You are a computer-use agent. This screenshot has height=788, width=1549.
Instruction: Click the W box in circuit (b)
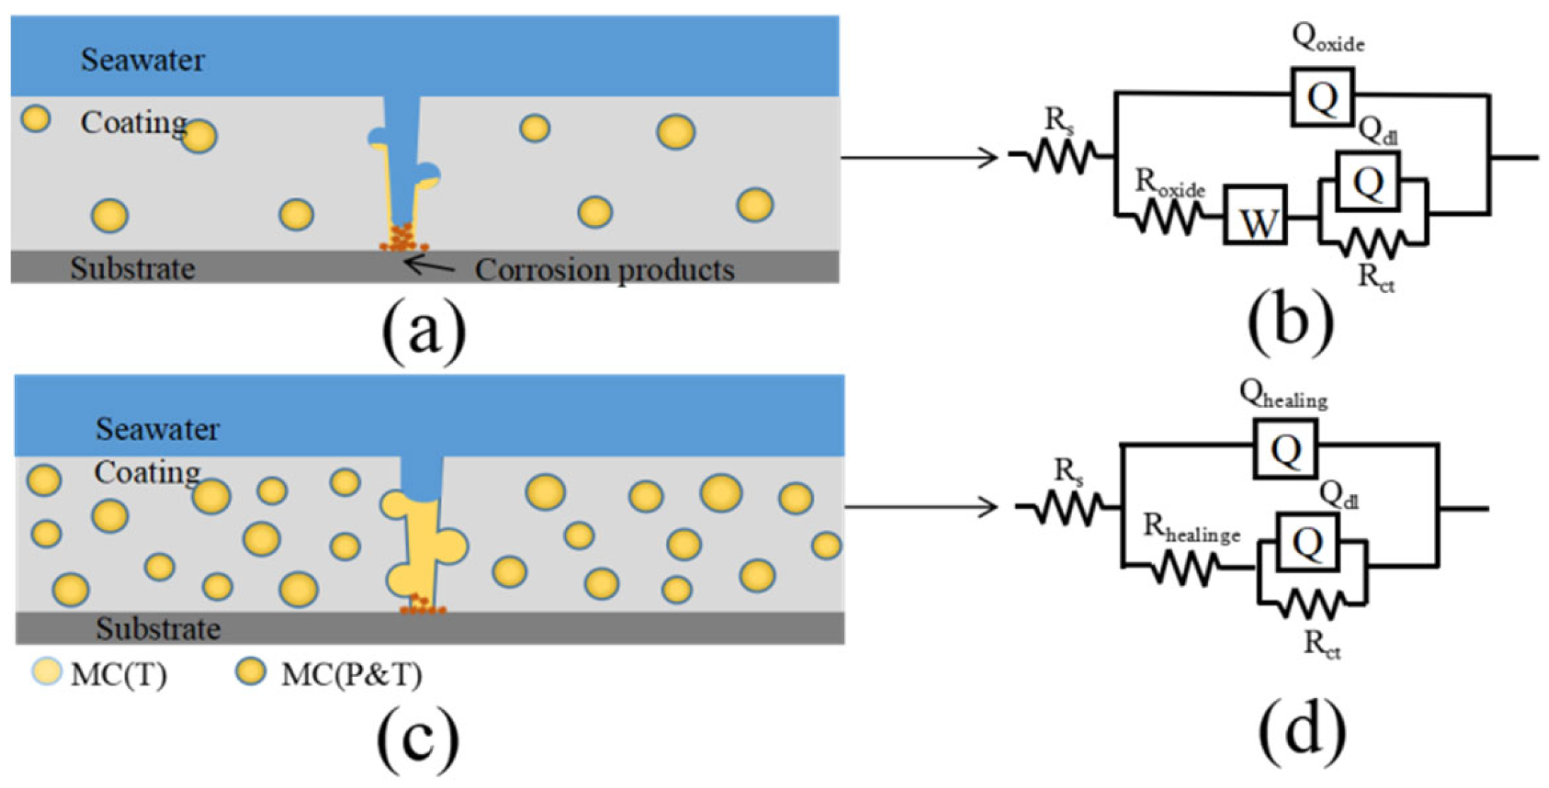tap(1255, 215)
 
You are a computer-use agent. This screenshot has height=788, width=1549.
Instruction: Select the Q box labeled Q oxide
tap(1322, 97)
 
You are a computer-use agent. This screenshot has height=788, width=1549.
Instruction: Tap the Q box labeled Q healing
tap(1285, 448)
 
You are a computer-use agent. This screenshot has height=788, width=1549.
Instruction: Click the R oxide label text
tap(1170, 183)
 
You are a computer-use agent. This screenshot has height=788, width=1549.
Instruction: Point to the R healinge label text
tap(1192, 528)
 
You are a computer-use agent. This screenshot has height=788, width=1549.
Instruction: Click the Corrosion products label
tap(604, 270)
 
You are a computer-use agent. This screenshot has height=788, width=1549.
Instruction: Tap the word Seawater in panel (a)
tap(143, 59)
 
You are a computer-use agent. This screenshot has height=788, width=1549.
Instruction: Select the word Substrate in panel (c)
tap(159, 629)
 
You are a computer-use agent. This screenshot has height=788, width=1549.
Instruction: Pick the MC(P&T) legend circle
tap(251, 671)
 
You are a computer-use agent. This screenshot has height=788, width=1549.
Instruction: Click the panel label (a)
tap(424, 329)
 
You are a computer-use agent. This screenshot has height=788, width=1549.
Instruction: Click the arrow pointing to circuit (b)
tap(919, 157)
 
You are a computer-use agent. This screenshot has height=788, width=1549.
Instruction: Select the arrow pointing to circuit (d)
tap(921, 507)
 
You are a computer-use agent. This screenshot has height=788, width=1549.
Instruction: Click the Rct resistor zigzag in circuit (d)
tap(1312, 604)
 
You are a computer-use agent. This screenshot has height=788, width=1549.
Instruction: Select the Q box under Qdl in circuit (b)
tap(1368, 181)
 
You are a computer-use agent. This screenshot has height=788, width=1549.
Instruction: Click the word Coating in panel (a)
tap(134, 122)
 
